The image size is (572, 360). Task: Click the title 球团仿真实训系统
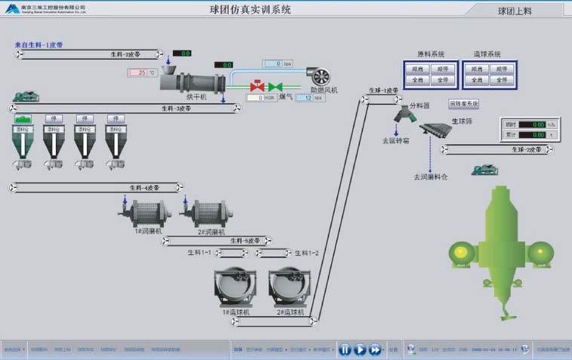click(251, 10)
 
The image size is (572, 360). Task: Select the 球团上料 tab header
click(515, 11)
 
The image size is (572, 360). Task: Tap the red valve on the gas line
click(257, 86)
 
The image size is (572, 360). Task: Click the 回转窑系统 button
click(464, 103)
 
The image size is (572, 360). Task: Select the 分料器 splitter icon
click(403, 115)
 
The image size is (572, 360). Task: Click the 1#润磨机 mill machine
click(141, 212)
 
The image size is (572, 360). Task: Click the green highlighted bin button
click(23, 118)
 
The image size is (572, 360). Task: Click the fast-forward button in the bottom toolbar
click(375, 349)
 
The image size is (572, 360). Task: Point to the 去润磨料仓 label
click(430, 177)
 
